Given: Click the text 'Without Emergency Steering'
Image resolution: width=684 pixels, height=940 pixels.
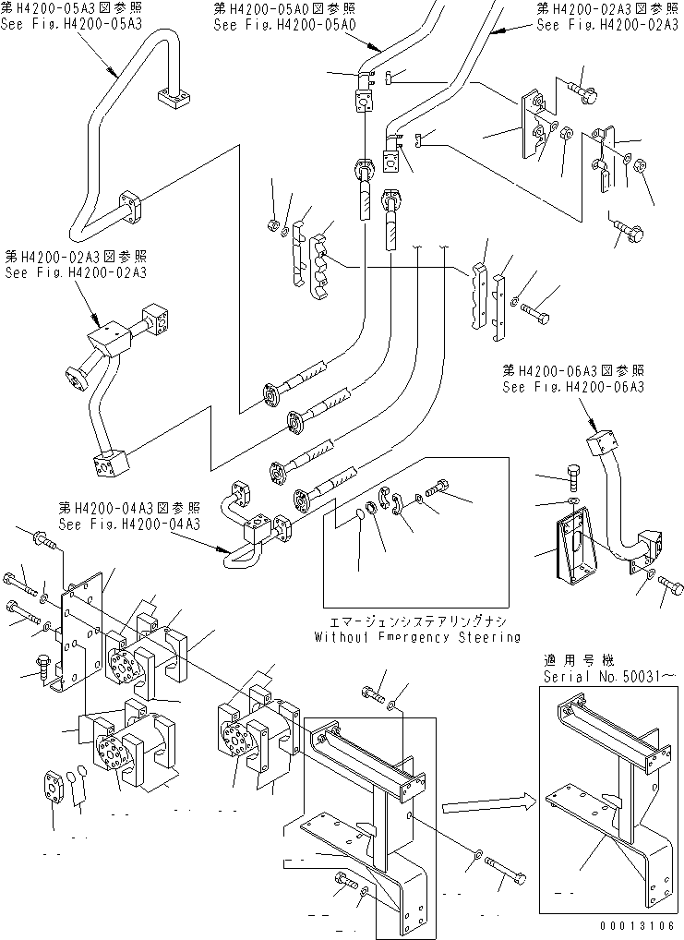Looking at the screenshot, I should pos(416,637).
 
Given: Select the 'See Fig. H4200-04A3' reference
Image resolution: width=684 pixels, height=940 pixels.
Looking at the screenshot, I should pos(128,524).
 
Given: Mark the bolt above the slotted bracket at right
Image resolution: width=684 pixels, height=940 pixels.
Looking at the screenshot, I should pos(572,476).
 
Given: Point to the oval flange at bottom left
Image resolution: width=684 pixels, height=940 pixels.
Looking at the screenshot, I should pos(54,787).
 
